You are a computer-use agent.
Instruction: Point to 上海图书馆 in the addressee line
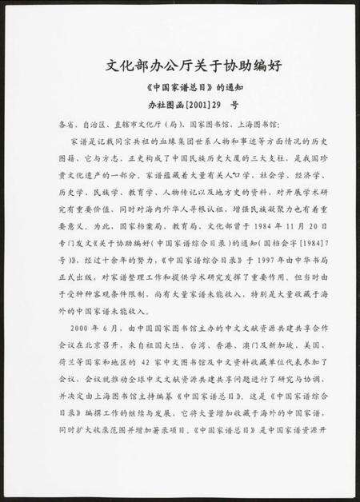tap(258, 125)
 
